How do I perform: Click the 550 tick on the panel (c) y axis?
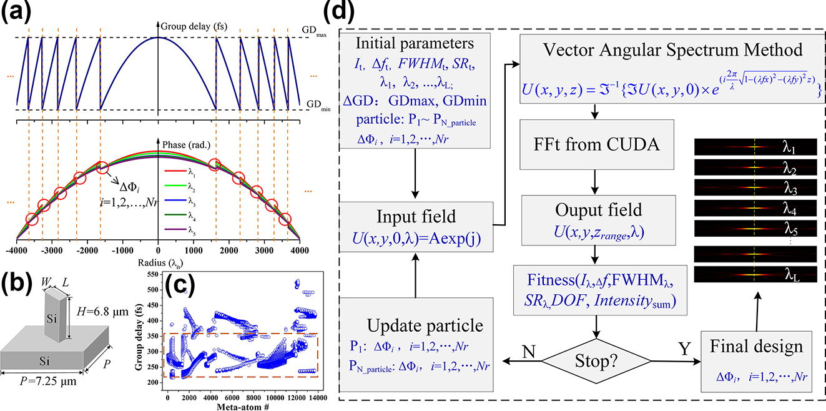[x=154, y=275]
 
